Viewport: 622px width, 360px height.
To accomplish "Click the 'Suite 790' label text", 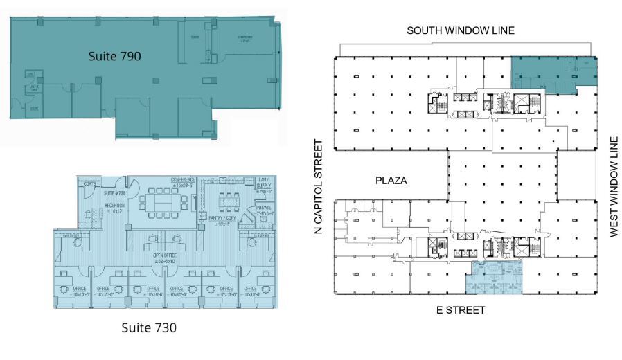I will click(x=114, y=56).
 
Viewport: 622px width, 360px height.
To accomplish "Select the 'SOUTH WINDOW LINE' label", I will click(x=465, y=30).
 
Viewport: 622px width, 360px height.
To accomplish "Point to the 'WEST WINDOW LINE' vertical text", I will click(x=613, y=186).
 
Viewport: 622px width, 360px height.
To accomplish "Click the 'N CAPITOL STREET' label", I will click(x=319, y=187).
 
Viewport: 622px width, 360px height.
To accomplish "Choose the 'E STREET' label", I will click(x=462, y=310).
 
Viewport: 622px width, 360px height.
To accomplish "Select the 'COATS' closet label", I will click(x=89, y=184).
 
